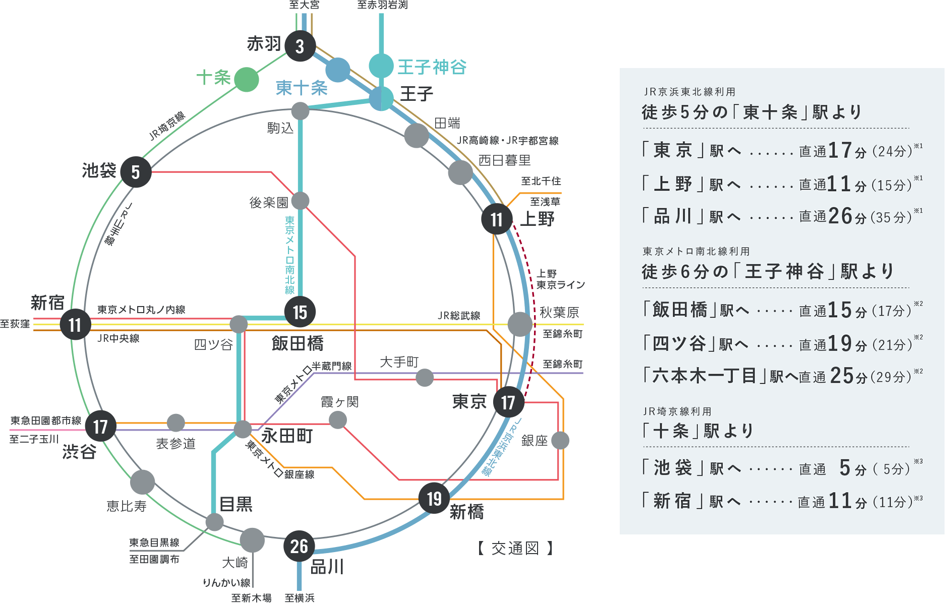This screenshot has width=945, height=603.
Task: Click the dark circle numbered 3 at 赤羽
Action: click(300, 46)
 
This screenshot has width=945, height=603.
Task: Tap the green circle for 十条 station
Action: click(246, 79)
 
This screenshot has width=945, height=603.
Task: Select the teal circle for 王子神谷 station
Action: click(381, 66)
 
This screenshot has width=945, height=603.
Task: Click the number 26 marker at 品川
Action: click(299, 546)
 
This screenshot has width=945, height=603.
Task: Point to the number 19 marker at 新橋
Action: click(434, 499)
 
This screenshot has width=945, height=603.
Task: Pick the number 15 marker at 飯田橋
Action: click(300, 312)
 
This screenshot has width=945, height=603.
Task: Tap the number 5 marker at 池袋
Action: click(136, 172)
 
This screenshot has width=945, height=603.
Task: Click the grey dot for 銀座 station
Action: click(560, 440)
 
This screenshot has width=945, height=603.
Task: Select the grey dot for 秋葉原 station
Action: click(520, 324)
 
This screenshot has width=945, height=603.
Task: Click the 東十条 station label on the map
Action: click(302, 88)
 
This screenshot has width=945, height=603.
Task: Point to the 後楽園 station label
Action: click(269, 203)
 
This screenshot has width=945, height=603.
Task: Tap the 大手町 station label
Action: click(398, 362)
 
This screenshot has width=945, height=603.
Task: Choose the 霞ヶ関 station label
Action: click(339, 402)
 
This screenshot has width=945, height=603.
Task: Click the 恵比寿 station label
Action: click(126, 506)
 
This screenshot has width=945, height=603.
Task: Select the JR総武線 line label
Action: click(459, 316)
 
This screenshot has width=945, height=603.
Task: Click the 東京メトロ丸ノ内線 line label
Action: click(141, 310)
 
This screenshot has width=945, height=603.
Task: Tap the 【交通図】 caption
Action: click(515, 548)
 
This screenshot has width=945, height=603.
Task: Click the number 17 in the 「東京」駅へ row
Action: click(840, 150)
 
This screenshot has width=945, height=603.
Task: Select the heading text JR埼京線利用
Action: click(677, 411)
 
